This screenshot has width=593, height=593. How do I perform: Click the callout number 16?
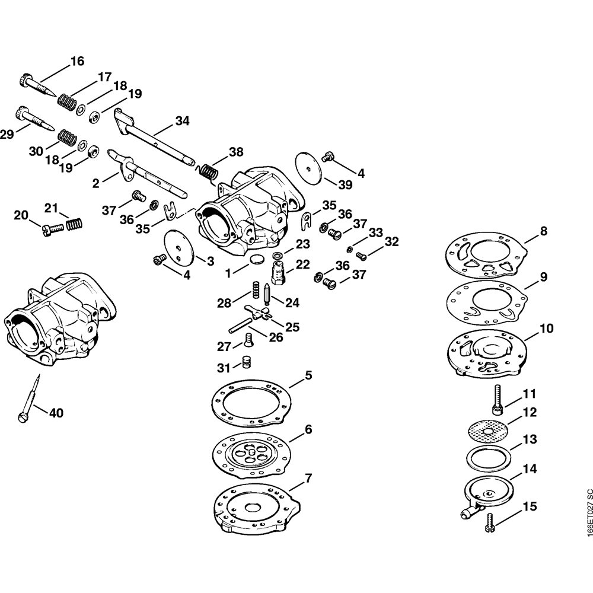tap(77, 61)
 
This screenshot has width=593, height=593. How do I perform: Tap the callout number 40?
tap(56, 413)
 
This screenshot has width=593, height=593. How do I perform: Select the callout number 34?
tap(182, 121)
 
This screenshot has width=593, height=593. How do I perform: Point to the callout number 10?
tap(546, 329)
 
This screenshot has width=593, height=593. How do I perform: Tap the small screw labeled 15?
tap(490, 522)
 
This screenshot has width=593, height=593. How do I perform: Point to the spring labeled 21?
tap(75, 225)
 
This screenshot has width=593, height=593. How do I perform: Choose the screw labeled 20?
tap(52, 229)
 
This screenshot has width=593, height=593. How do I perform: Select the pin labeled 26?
tap(240, 324)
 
